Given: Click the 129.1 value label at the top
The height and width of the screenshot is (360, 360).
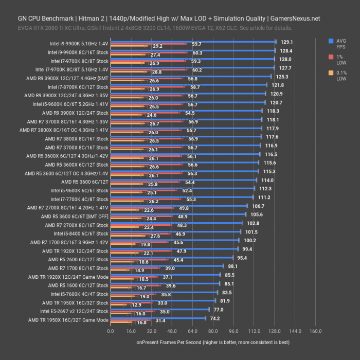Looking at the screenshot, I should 287,42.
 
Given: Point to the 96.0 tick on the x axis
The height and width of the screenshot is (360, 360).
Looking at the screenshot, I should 233,331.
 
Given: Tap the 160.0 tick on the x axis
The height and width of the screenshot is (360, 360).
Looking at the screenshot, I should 315,331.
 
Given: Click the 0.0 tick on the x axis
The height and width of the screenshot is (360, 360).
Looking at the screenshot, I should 111,331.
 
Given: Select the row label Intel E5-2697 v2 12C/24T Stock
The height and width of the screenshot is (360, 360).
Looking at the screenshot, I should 74,311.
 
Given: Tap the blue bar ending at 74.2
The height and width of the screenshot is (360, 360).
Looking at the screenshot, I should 158,318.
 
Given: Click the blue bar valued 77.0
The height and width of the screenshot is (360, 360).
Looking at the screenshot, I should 160,310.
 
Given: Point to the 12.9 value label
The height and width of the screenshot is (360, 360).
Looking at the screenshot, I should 136,305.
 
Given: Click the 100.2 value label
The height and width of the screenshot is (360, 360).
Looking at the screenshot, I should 250,240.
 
